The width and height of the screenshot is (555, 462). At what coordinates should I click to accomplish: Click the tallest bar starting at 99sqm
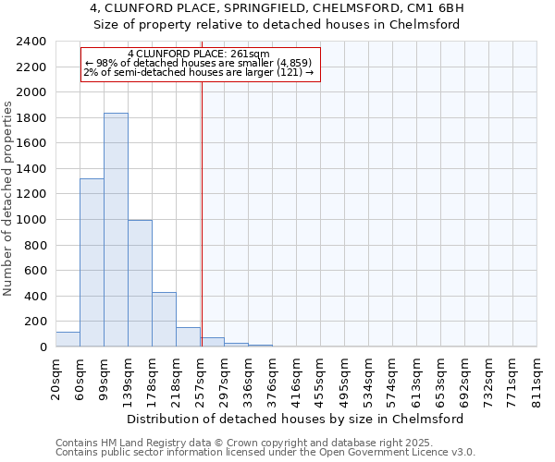tap(116, 230)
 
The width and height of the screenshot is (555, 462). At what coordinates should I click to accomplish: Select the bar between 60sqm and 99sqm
tap(92, 262)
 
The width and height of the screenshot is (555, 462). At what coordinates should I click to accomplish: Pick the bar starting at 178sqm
tap(164, 320)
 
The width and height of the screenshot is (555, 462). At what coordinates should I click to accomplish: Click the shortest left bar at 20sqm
tap(68, 339)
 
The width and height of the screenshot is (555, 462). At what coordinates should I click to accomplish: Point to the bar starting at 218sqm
tap(188, 337)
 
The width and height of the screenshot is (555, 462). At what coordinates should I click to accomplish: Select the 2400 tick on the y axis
tap(31, 43)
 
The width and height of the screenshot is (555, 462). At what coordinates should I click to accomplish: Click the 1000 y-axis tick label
tap(31, 220)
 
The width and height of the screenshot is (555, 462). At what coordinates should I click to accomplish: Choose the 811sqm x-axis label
tap(537, 378)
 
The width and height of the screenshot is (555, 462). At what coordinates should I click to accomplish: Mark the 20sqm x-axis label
tap(56, 378)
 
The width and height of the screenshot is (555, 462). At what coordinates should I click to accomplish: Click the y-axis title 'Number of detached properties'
tap(8, 199)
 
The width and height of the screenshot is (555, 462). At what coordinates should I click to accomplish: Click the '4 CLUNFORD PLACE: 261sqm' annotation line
tap(199, 54)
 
